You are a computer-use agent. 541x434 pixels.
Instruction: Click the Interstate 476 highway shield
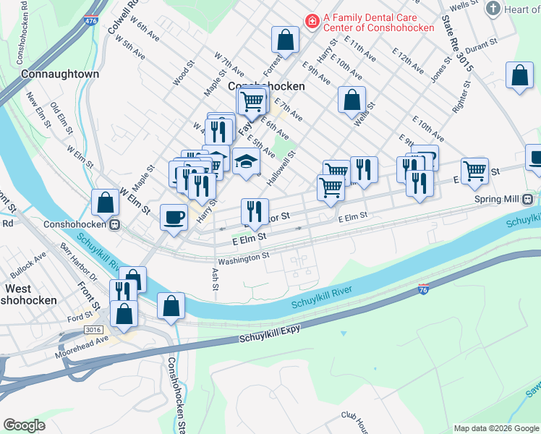[91, 24]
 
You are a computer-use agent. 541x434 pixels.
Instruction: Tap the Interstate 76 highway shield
[425, 289]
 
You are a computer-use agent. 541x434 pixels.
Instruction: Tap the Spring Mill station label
[498, 199]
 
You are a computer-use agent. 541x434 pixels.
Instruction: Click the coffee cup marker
[174, 218]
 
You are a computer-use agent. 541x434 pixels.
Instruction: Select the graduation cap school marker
[246, 163]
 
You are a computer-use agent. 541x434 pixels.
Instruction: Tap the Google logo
[24, 425]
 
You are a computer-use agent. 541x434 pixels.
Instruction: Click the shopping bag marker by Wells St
[352, 101]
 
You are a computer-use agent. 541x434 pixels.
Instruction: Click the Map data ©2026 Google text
[495, 428]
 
